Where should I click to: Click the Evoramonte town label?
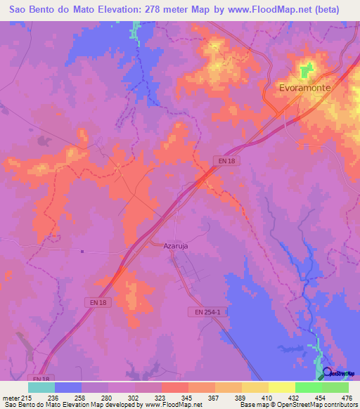coord(304,89)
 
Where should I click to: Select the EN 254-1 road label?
coord(208,311)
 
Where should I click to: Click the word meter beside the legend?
coord(9,398)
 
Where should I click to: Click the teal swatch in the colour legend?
coord(41,387)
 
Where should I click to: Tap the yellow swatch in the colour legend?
coord(281,387)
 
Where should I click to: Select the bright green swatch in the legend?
coord(308,387)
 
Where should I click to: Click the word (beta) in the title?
coord(326,10)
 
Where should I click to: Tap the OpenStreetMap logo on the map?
coord(340,373)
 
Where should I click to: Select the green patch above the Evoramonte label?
coord(306,70)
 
